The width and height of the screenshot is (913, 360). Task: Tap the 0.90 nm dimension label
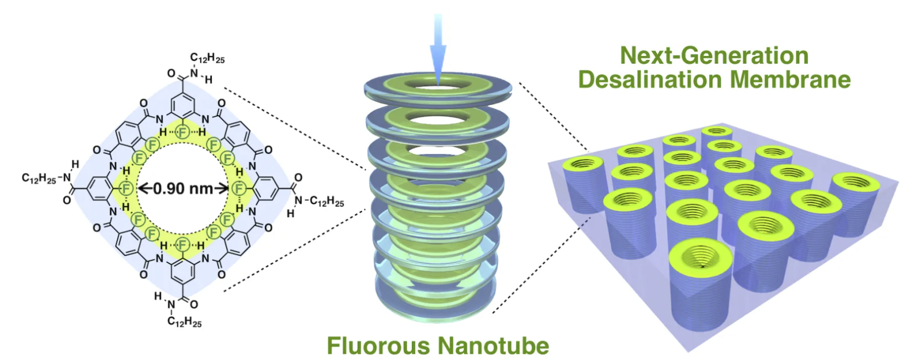click(183, 188)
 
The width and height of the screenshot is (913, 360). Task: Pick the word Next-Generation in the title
click(714, 56)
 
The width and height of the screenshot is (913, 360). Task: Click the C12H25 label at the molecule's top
click(207, 58)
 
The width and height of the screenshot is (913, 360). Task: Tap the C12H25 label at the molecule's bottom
click(184, 322)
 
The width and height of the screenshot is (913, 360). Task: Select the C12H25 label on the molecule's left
click(39, 179)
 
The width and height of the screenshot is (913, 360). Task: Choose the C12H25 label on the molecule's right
click(327, 201)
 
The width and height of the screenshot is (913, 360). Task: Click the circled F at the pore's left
click(127, 188)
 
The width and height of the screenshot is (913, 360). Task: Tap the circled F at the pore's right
click(239, 188)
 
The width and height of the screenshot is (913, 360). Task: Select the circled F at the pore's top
click(183, 132)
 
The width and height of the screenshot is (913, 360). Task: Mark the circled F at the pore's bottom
click(183, 245)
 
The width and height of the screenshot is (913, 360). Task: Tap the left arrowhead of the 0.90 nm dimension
click(142, 188)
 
